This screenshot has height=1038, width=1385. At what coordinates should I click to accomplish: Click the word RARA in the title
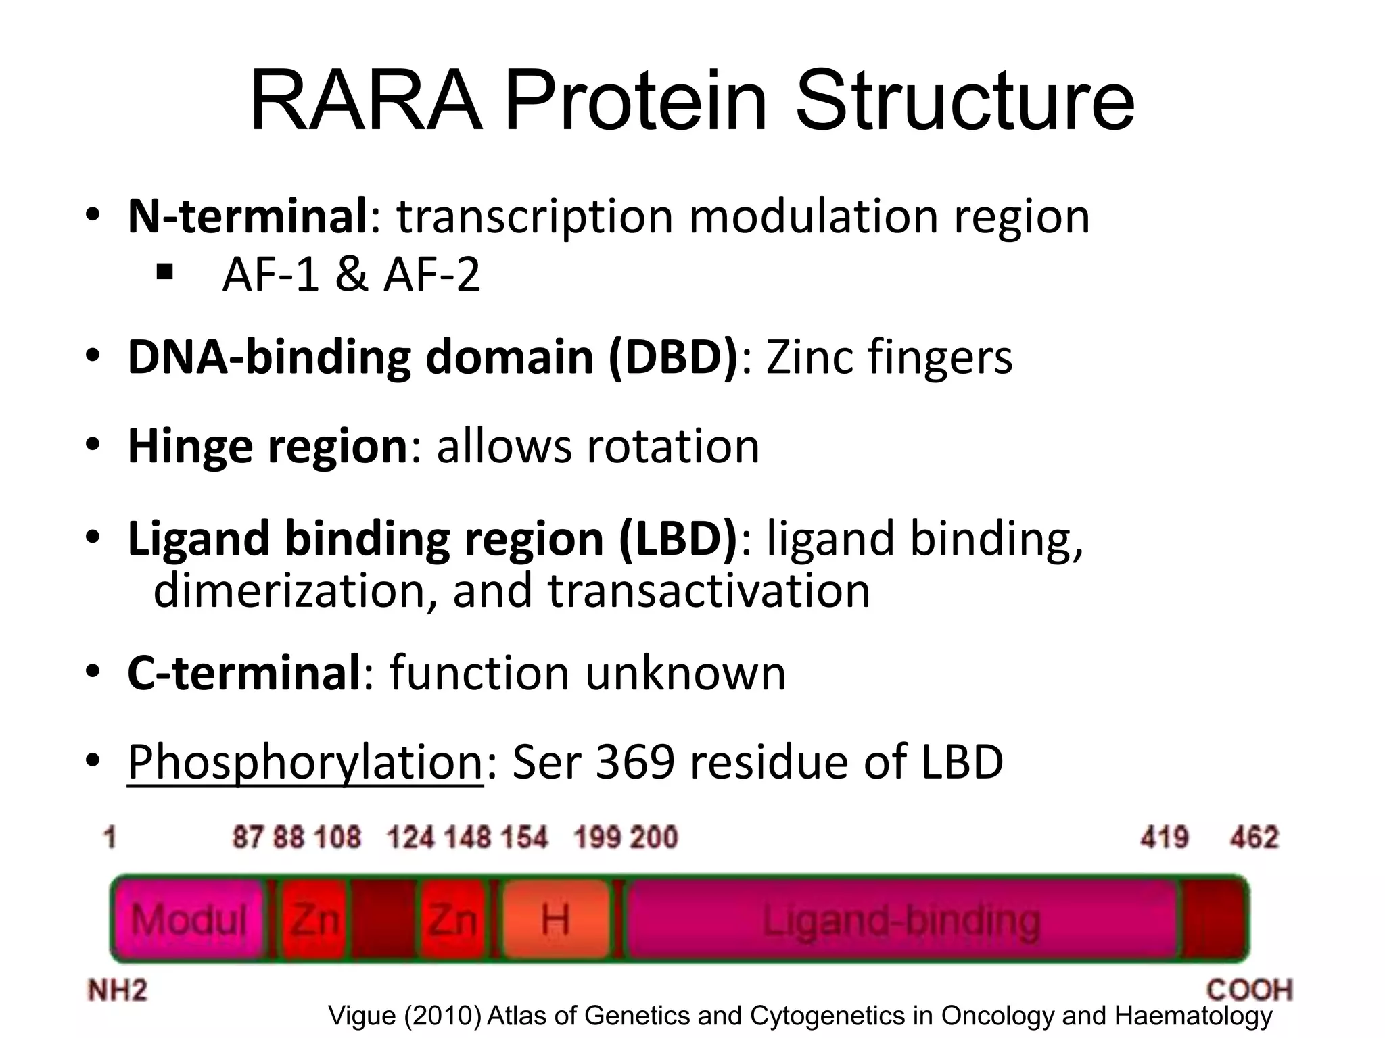366,101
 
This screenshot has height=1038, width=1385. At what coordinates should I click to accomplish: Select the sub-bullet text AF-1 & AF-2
351,274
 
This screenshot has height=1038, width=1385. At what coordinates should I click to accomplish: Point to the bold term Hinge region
268,447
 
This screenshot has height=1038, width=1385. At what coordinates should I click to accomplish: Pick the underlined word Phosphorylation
305,762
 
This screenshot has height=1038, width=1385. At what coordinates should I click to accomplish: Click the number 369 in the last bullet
635,762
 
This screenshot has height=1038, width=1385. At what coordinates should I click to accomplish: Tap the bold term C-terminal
244,673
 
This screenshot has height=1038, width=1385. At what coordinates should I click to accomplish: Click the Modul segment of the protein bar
189,920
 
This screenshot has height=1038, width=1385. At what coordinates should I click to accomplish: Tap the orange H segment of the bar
555,920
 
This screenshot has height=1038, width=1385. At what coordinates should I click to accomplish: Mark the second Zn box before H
453,920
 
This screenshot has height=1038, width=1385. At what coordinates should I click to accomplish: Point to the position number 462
1254,838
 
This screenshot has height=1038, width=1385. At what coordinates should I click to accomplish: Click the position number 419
1164,838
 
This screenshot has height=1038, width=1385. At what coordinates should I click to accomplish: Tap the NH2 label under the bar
118,991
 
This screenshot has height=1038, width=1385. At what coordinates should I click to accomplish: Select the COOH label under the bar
1249,991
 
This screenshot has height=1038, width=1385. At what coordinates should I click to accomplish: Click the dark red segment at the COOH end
1215,920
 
